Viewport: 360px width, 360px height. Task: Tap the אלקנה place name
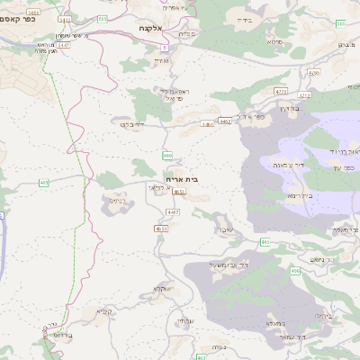(x=150, y=29)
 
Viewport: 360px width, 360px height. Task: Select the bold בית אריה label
(x=184, y=179)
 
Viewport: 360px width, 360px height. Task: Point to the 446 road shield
(x=167, y=155)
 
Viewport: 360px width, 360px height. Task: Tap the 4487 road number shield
(x=173, y=211)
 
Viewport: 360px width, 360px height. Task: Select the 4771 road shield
(x=281, y=91)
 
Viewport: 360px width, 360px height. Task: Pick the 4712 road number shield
(x=304, y=94)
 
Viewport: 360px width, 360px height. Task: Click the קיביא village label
(x=103, y=311)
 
